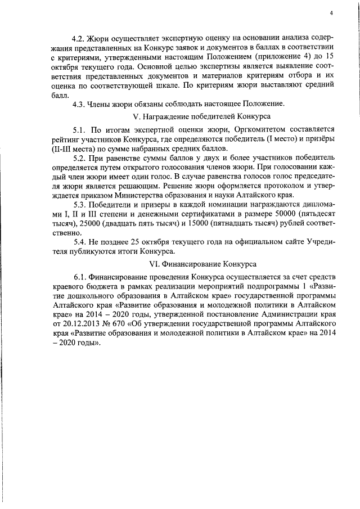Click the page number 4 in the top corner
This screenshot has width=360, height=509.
click(x=332, y=13)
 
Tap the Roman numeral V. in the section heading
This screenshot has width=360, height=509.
click(x=136, y=116)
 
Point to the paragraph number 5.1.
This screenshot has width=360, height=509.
click(x=79, y=130)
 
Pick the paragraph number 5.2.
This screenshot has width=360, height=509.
click(x=79, y=158)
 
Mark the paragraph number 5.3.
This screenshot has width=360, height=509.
click(x=79, y=204)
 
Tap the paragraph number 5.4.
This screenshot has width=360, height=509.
click(x=79, y=241)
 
